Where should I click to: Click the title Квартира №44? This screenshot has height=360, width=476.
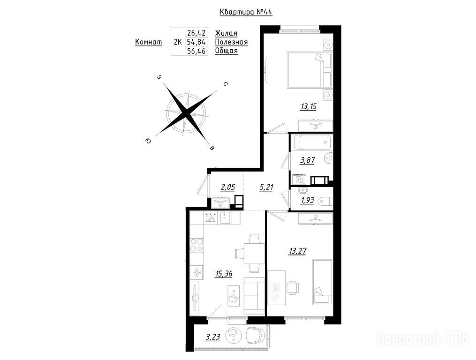pyautogui.click(x=246, y=12)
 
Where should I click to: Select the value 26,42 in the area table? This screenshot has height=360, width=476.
pyautogui.click(x=196, y=32)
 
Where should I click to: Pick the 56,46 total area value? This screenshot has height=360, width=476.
pyautogui.click(x=196, y=51)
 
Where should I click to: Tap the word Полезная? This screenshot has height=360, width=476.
pyautogui.click(x=231, y=42)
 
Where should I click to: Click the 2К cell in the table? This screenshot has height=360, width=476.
pyautogui.click(x=178, y=42)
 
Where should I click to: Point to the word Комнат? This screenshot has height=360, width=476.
pyautogui.click(x=149, y=42)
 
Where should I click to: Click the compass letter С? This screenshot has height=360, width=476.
pyautogui.click(x=225, y=84)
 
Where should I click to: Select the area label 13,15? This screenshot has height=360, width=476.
pyautogui.click(x=309, y=106)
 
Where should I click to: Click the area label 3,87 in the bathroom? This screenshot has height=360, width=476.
pyautogui.click(x=307, y=160)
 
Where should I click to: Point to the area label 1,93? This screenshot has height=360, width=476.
pyautogui.click(x=307, y=201)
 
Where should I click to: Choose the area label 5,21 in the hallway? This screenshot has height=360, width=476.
pyautogui.click(x=266, y=187)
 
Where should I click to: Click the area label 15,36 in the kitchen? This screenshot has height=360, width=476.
pyautogui.click(x=224, y=274)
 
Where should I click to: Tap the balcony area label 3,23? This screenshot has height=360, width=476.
pyautogui.click(x=213, y=337)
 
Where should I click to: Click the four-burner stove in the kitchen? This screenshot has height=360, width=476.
pyautogui.click(x=196, y=245)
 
